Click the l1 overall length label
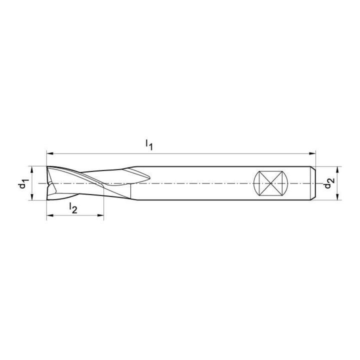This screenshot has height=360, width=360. tap(149, 145)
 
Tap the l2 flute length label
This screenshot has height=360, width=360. tap(73, 208)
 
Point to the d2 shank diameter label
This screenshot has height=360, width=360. tap(329, 183)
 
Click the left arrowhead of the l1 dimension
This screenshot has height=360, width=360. tap(49, 153)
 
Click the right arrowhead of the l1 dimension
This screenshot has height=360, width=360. tap(312, 153)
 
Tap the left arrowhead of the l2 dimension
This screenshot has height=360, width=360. tap(49, 215)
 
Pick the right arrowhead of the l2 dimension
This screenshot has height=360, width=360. tap(101, 215)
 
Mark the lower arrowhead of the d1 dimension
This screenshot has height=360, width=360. tap(32, 197)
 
